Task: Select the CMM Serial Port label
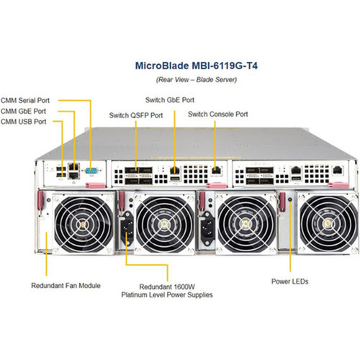tap(25, 101)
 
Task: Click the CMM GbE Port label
tap(24, 111)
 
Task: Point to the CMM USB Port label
tap(23, 122)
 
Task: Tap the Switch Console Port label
tap(218, 114)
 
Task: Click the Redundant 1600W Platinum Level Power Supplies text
tap(170, 290)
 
